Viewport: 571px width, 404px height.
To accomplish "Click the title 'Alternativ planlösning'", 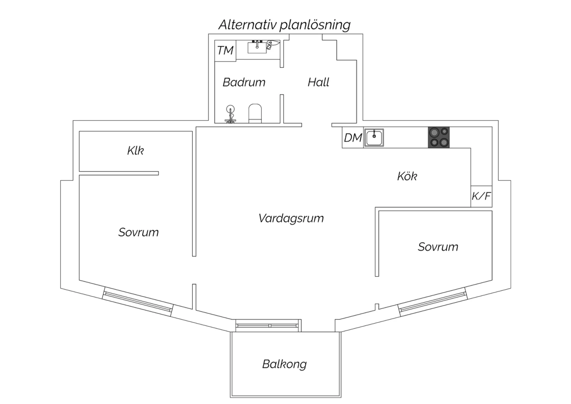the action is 284,25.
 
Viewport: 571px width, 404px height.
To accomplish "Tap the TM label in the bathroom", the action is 225,50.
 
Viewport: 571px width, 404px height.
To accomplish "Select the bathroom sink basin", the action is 257,47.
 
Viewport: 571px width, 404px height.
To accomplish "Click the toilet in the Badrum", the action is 255,113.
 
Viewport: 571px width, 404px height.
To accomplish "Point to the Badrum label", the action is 244,82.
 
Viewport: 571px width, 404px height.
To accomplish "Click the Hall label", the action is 318,82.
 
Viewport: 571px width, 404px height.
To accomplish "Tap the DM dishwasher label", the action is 353,138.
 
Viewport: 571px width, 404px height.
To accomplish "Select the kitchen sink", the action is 374,138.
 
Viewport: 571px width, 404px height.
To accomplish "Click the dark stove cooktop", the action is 439,137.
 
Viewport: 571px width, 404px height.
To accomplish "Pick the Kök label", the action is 407,176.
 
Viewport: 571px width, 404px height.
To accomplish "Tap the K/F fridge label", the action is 481,196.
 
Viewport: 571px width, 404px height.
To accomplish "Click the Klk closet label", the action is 136,151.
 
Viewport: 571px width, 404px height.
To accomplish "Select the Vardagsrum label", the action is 291,218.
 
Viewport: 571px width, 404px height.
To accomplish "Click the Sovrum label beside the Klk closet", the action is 139,232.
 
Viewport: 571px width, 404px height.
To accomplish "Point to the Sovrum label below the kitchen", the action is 438,247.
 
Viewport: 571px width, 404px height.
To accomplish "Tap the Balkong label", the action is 284,364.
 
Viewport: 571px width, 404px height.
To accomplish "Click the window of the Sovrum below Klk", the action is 138,302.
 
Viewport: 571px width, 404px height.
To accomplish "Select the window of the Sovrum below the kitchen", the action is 433,302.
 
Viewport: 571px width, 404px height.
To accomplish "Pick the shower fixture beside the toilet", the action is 230,114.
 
